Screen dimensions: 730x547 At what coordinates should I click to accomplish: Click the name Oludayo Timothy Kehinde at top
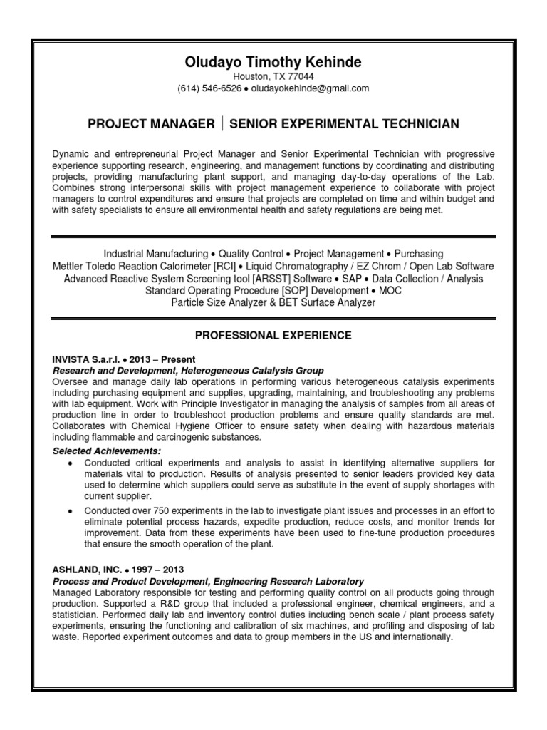coord(273,63)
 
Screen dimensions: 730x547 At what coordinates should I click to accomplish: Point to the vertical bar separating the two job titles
coord(223,124)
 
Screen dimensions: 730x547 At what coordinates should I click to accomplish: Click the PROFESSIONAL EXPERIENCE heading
coord(273,334)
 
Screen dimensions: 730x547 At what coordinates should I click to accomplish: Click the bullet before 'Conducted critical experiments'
coord(70,463)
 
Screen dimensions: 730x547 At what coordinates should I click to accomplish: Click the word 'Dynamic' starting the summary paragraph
coord(71,154)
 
